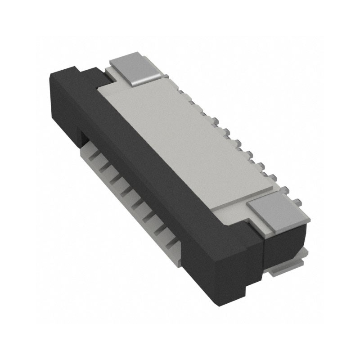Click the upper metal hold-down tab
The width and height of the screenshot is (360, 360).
(x=135, y=67)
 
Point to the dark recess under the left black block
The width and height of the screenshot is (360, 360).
(x=83, y=135)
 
